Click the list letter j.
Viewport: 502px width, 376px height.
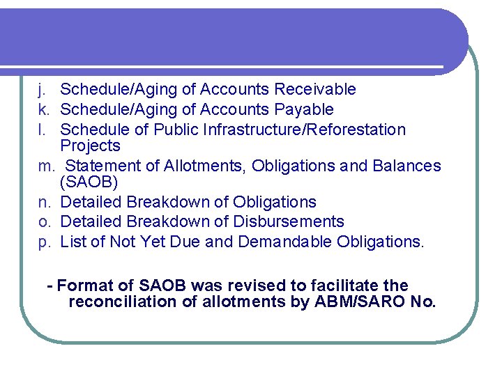(42, 90)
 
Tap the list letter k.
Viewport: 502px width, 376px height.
(43, 110)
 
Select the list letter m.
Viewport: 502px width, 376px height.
(45, 166)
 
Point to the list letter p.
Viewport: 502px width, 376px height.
(43, 242)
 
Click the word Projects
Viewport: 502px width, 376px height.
(90, 146)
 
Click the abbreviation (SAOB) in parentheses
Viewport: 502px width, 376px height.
(89, 182)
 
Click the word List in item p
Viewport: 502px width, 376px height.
(72, 242)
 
